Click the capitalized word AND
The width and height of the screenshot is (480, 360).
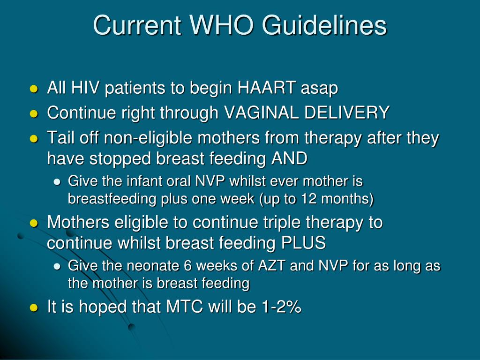pos(289,158)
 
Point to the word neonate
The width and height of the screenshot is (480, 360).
pos(157,266)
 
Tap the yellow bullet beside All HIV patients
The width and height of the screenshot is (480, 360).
pos(33,89)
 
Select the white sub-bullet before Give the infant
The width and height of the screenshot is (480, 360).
pos(57,182)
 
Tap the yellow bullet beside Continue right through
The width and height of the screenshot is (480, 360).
pos(33,113)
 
